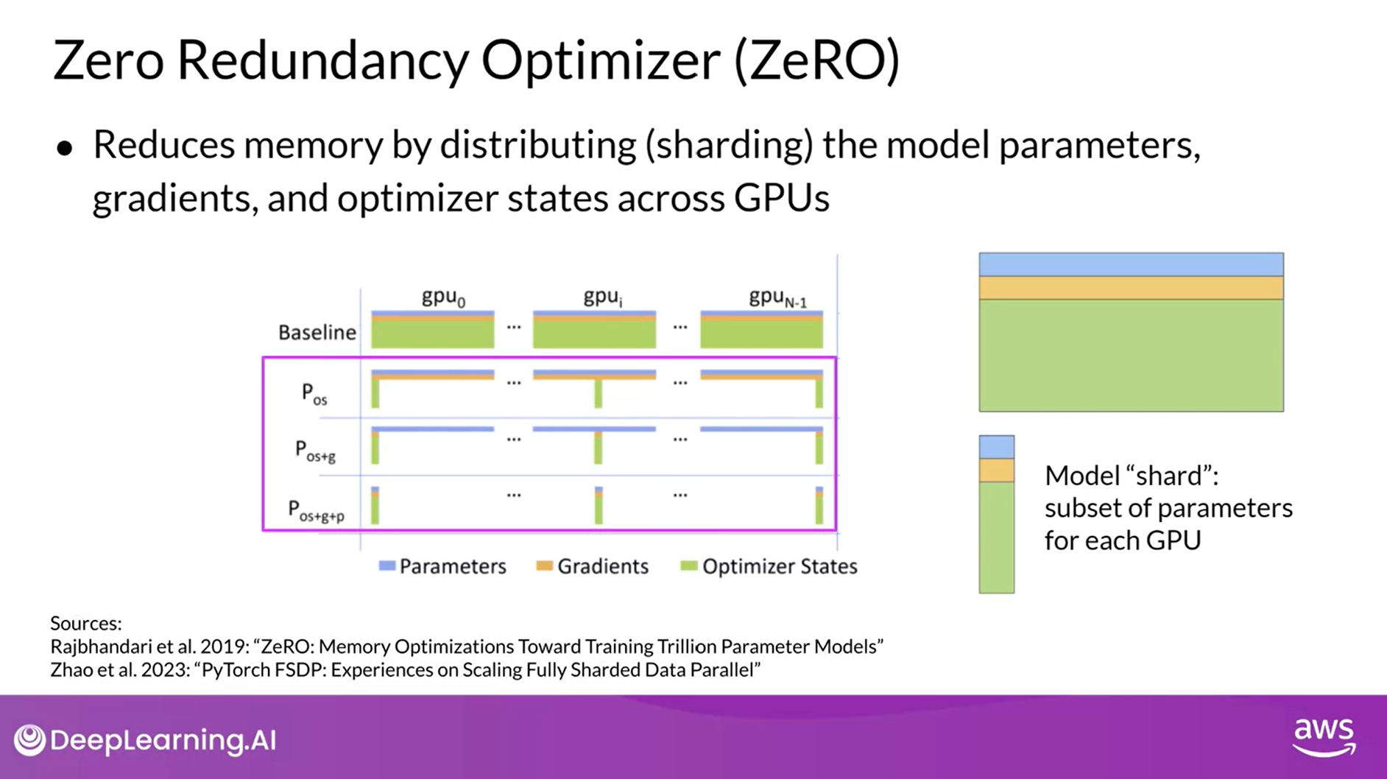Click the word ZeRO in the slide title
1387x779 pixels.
816,60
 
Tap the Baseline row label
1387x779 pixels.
317,333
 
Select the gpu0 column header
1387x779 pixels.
443,297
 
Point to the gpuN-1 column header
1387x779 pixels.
777,298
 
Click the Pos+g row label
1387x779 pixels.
315,451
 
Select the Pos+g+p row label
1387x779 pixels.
316,510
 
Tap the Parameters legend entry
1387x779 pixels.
442,566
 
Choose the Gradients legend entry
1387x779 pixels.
593,566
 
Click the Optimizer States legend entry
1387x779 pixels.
769,566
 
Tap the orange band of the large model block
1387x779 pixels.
1131,288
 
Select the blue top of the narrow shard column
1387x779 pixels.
996,447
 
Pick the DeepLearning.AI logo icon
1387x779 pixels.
30,740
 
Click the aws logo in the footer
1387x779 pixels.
1324,737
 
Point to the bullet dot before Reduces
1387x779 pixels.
65,148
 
